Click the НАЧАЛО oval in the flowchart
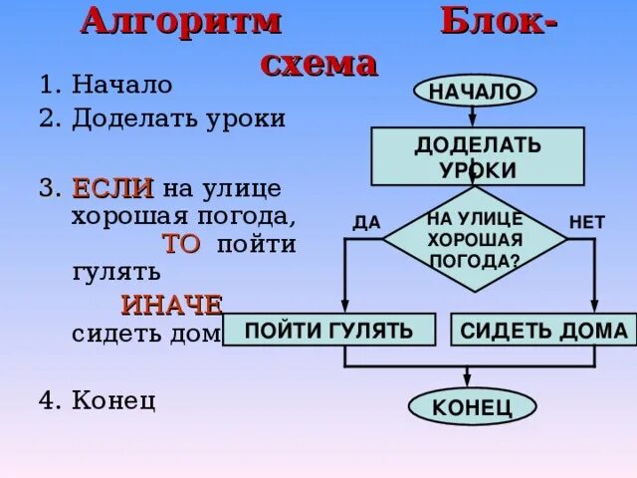(475, 92)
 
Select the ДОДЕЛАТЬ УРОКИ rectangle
(478, 156)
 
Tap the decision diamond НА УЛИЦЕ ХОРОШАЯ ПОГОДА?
(475, 240)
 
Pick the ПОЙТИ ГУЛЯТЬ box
(329, 330)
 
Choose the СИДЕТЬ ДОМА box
(544, 331)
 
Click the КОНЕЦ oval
(473, 406)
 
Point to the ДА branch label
(366, 222)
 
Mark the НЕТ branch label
(586, 222)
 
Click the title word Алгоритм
(180, 21)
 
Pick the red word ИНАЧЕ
(171, 305)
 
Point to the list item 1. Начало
(106, 86)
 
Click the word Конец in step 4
(113, 400)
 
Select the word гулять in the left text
(115, 270)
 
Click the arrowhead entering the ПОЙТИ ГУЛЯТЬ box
(344, 308)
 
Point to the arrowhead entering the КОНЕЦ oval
(468, 380)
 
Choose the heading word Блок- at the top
(499, 21)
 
